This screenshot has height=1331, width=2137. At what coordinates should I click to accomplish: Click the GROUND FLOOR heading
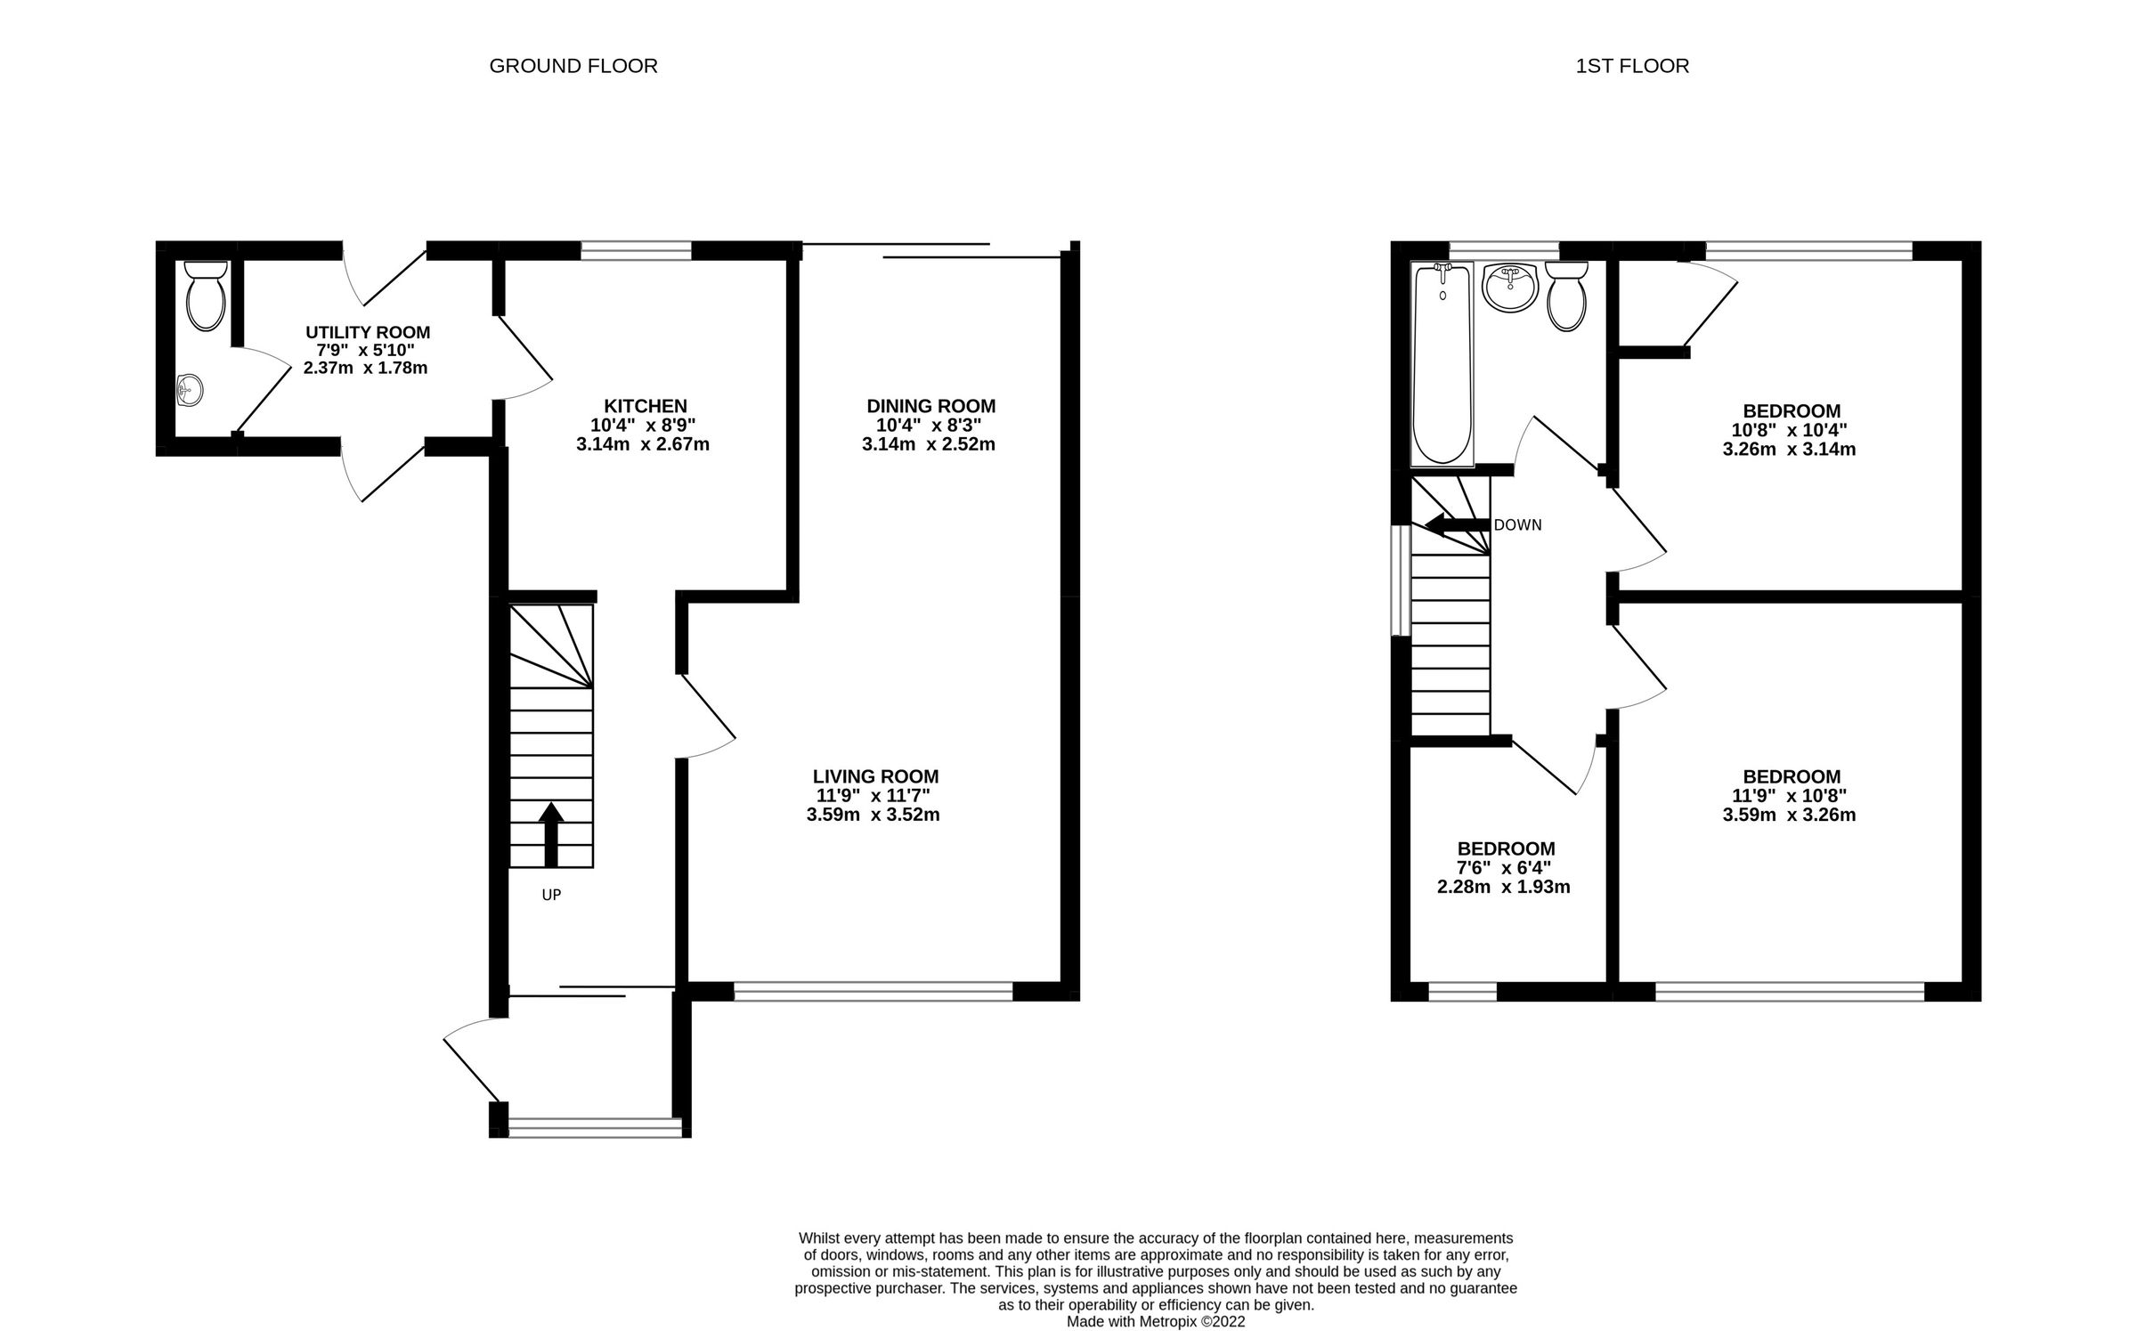point(573,66)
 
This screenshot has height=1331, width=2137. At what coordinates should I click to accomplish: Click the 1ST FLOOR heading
point(1631,66)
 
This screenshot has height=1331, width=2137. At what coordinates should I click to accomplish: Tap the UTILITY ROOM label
point(368,332)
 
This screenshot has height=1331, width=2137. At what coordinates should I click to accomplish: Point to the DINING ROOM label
point(930,406)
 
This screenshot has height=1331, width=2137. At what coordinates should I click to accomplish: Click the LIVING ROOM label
point(875,776)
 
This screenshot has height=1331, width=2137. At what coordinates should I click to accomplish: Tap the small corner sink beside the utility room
point(189,389)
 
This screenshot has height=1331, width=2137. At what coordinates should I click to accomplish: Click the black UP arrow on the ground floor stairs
point(551,832)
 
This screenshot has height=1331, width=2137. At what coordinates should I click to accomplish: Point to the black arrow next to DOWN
point(1457,524)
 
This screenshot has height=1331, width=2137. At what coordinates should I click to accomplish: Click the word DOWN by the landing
point(1517,525)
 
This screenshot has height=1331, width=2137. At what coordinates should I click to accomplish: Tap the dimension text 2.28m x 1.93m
point(1503,887)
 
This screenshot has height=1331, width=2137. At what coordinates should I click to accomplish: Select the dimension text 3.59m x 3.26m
point(1789,815)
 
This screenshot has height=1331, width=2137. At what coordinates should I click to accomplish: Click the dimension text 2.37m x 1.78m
point(365,368)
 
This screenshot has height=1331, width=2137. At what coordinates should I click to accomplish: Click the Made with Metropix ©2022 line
point(1156,1322)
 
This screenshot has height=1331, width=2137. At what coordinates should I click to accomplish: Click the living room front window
point(873,992)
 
